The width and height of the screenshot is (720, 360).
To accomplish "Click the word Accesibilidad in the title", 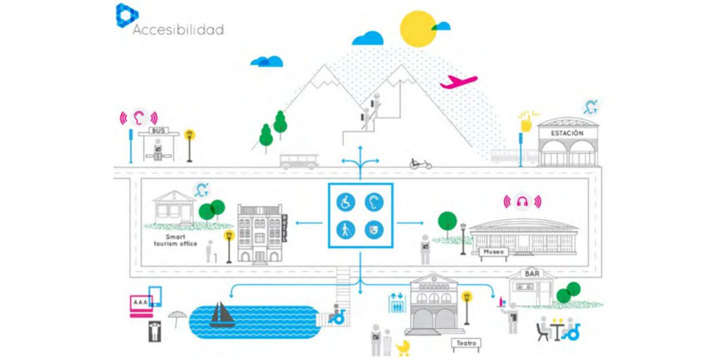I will tap(178, 29).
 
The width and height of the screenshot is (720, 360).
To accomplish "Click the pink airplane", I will tap(458, 82).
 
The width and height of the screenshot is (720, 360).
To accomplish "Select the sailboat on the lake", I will tap(222, 314).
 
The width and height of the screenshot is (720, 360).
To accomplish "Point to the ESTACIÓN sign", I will tap(567, 133).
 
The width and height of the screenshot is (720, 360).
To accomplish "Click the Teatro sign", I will tap(466, 343).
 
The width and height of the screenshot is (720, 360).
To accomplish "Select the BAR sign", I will tap(532, 274).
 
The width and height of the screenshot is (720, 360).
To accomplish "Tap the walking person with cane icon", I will tap(346, 230).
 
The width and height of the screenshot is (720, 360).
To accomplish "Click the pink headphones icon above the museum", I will tap(522, 202).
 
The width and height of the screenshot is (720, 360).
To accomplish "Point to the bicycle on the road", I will tap(420, 163).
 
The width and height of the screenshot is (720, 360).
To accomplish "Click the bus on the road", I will tap(299, 161).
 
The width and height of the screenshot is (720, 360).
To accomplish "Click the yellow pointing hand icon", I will tap(527, 122).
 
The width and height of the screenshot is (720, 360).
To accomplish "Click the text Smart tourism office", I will tap(173, 239).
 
